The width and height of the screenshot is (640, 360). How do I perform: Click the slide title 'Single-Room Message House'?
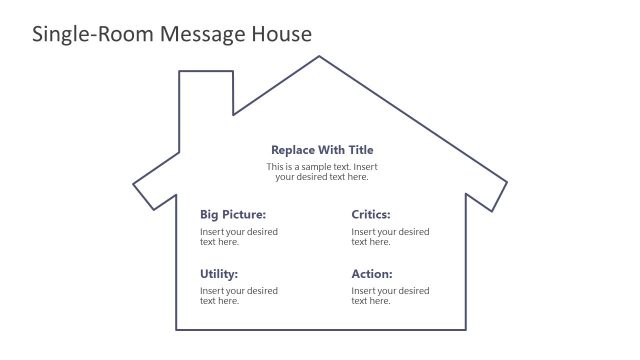[172, 35]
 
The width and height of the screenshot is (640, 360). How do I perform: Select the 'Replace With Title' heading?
[322, 150]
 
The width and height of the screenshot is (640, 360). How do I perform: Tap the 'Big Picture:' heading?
[233, 214]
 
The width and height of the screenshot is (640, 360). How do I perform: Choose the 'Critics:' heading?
[371, 214]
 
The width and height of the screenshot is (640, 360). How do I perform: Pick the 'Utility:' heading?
[219, 274]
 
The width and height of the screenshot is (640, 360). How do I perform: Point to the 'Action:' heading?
[372, 274]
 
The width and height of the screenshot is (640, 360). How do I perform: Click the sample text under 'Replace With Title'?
[322, 171]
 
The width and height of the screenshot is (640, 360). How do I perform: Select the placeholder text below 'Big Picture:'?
[239, 237]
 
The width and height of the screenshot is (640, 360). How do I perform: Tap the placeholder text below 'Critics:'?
[390, 237]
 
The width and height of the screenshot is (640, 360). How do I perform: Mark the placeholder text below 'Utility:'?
[239, 296]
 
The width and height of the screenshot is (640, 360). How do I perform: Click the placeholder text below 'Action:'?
[390, 296]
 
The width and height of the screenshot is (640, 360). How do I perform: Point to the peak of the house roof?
[319, 56]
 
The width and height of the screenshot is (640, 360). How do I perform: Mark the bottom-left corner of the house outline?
[177, 329]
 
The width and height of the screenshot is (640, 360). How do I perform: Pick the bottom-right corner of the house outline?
[465, 329]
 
